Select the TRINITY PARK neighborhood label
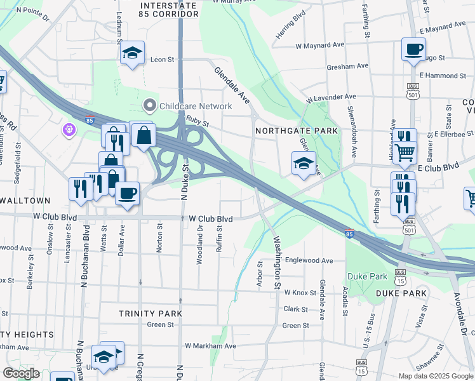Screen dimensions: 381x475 [x=151, y=314]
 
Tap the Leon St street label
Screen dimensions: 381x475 [x=162, y=60]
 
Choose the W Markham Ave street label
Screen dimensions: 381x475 [x=210, y=346]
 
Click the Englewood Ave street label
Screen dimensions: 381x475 [x=309, y=260]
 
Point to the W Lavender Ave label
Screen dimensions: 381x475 [x=331, y=98]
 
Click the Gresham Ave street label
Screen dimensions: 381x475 [x=347, y=65]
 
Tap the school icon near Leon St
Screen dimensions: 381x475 [x=132, y=53]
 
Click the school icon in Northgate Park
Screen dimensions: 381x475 [x=304, y=163]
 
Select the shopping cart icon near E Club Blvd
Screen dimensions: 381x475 [x=405, y=152]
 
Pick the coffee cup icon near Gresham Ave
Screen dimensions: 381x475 [x=413, y=50]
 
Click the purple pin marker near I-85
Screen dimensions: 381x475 [x=69, y=130]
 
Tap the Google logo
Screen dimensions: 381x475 [x=21, y=373]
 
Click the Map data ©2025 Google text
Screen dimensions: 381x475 [x=436, y=376]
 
